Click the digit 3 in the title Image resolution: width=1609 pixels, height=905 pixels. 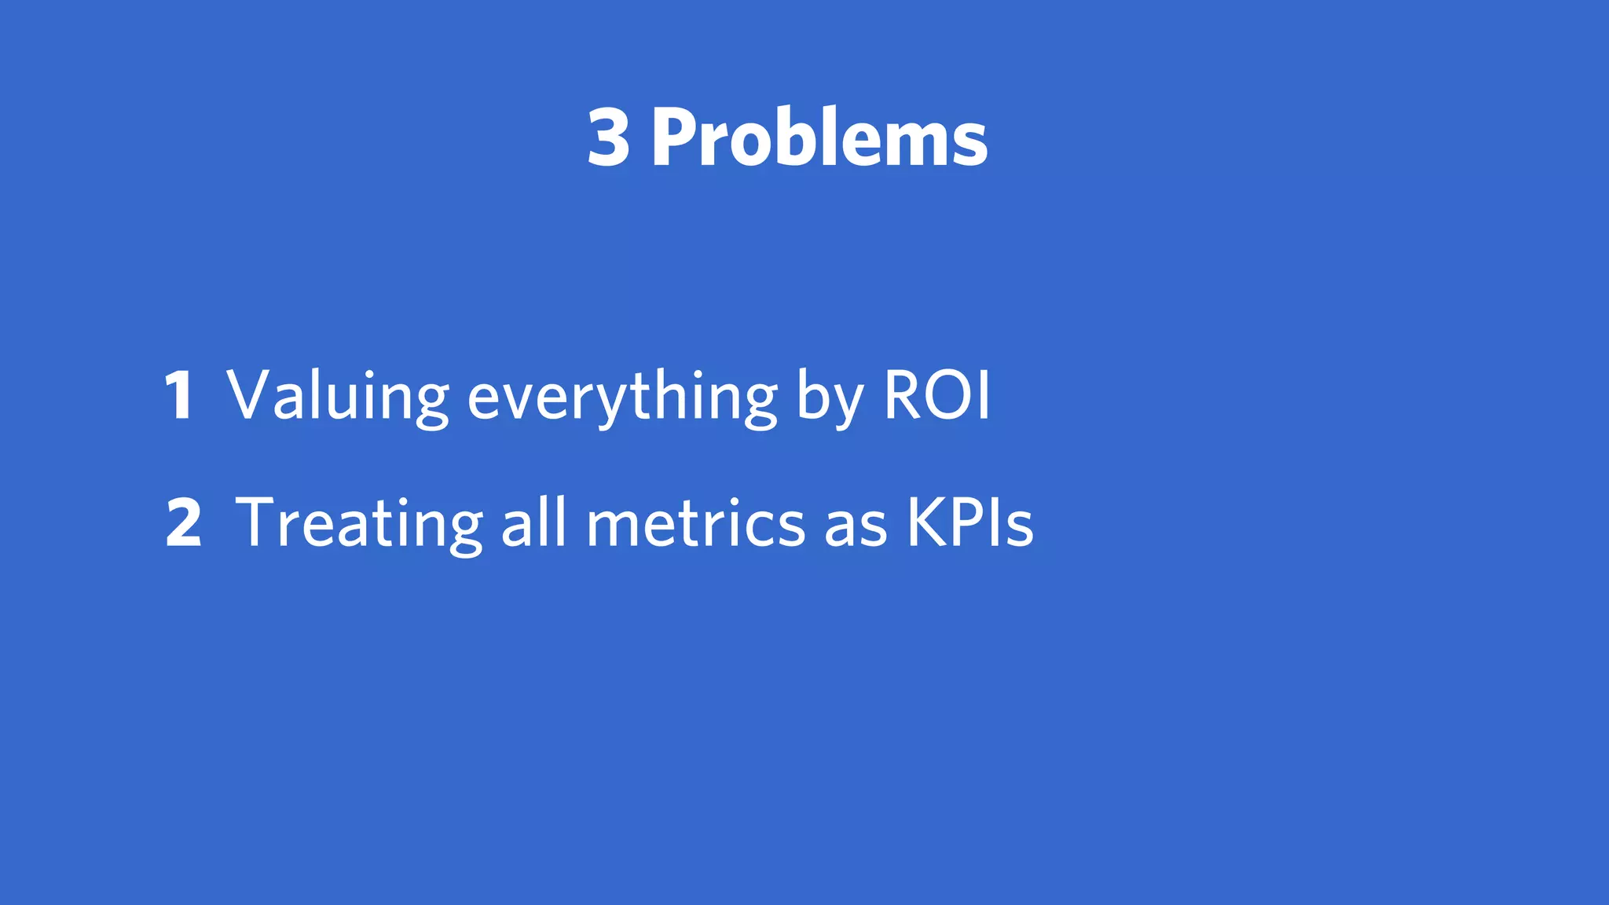609,138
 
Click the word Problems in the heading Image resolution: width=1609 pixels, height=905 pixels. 819,138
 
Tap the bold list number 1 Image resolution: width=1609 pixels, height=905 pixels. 180,394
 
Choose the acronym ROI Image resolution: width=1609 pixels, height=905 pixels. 937,394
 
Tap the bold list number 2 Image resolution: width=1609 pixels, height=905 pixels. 184,522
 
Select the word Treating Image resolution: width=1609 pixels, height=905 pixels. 359,524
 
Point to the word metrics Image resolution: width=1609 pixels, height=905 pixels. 696,522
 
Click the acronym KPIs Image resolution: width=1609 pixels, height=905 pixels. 970,522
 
